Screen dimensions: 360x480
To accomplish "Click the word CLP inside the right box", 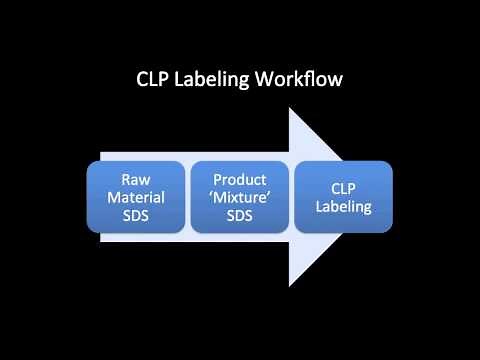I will point(342,188).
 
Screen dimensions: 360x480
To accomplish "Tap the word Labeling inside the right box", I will point(342,206).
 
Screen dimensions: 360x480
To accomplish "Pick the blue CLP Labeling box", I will point(343,197).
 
